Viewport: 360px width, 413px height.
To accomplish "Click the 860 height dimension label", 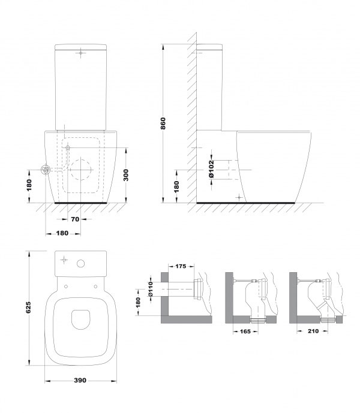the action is tap(163, 123).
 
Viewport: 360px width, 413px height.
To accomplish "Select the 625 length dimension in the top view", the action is tap(28, 308).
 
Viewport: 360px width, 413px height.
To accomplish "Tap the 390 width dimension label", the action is tap(80, 381).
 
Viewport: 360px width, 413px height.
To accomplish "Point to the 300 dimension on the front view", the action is tap(126, 175).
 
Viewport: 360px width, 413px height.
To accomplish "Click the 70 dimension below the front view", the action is tap(75, 219).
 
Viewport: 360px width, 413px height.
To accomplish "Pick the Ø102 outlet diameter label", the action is tap(211, 169).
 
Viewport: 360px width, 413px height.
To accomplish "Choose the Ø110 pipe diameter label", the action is tap(151, 289).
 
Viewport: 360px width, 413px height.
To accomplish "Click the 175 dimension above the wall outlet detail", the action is tap(181, 266).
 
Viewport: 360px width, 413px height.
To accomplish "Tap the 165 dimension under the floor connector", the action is tap(245, 331).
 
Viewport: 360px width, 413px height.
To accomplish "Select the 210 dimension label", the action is tap(313, 331).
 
